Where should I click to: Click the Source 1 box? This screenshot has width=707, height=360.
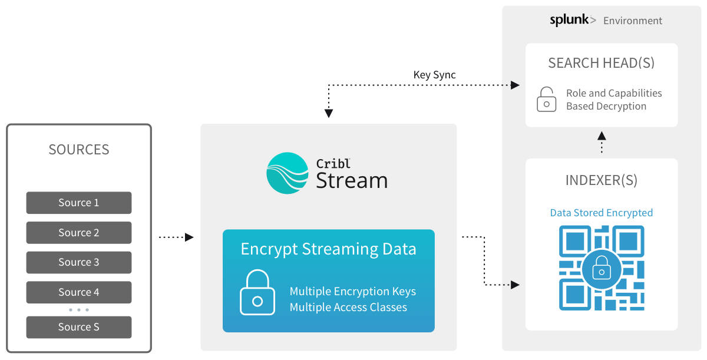pyautogui.click(x=78, y=203)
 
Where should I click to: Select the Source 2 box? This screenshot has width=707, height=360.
pyautogui.click(x=78, y=233)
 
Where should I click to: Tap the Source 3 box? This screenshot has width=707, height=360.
pyautogui.click(x=78, y=262)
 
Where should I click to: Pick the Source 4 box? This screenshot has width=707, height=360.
pyautogui.click(x=78, y=292)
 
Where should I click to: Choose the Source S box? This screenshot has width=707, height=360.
pyautogui.click(x=78, y=327)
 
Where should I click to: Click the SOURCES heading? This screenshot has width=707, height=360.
pyautogui.click(x=79, y=150)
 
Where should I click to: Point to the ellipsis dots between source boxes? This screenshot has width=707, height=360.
pyautogui.click(x=78, y=310)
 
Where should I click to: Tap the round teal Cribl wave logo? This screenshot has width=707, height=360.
pyautogui.click(x=288, y=173)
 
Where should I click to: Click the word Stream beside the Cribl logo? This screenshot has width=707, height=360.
pyautogui.click(x=352, y=180)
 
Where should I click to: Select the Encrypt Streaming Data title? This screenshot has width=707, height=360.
pyautogui.click(x=328, y=249)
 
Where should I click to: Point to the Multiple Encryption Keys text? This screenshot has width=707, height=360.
pyautogui.click(x=352, y=292)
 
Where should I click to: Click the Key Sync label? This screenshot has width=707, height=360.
pyautogui.click(x=434, y=75)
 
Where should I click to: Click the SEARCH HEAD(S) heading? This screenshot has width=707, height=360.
pyautogui.click(x=601, y=63)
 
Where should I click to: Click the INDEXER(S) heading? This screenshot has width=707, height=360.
pyautogui.click(x=601, y=180)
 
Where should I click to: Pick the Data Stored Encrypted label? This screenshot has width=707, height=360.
pyautogui.click(x=601, y=213)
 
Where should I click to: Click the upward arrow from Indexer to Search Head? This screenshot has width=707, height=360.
pyautogui.click(x=602, y=142)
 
